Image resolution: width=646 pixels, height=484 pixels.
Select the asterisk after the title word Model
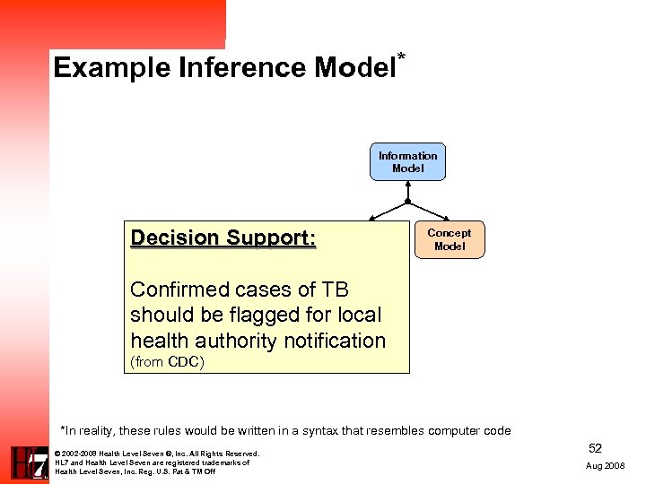tap(401, 58)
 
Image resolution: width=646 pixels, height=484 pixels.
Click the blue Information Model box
tap(407, 162)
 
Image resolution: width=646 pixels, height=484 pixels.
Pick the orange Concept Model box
tap(450, 239)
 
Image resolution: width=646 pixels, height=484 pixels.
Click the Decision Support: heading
tap(223, 238)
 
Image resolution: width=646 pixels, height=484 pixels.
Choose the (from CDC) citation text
tap(167, 362)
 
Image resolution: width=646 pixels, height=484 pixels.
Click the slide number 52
tap(595, 447)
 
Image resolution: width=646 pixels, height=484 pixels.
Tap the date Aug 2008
tap(605, 466)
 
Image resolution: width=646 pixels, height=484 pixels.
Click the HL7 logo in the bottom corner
tap(29, 462)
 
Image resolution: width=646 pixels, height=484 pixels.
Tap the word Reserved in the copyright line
tap(242, 454)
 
